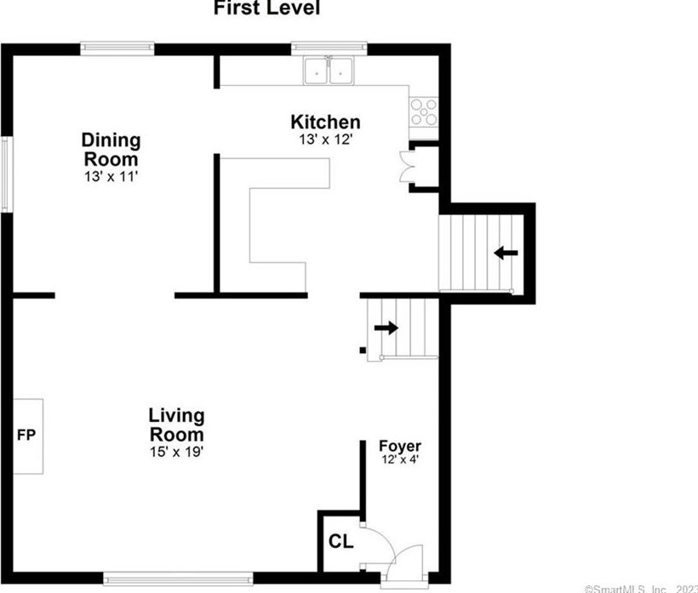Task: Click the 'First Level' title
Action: pyautogui.click(x=266, y=9)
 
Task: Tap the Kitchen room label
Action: pyautogui.click(x=325, y=123)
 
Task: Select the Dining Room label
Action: pyautogui.click(x=111, y=149)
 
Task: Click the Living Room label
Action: pyautogui.click(x=176, y=425)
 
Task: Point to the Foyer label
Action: pyautogui.click(x=399, y=446)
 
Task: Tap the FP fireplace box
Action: pyautogui.click(x=27, y=436)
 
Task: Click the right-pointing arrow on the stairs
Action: pyautogui.click(x=386, y=328)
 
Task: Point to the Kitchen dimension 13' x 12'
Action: pyautogui.click(x=325, y=140)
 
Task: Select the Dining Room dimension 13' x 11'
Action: pyautogui.click(x=111, y=177)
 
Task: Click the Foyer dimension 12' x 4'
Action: pyautogui.click(x=399, y=460)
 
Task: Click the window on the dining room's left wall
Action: pyautogui.click(x=6, y=174)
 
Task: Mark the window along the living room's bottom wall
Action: pyautogui.click(x=178, y=579)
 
